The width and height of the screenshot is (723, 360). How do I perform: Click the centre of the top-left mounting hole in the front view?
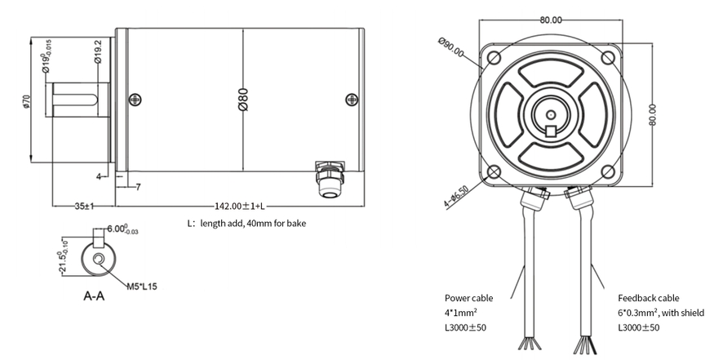pos(494,58)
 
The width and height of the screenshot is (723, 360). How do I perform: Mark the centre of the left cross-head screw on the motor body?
pos(135,100)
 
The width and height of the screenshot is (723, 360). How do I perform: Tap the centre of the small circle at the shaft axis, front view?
pos(551,114)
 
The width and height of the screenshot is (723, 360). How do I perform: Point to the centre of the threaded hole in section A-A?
pos(99,259)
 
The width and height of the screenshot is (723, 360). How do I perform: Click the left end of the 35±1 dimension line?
pos(52,206)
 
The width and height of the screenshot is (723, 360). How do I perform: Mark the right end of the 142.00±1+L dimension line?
pos(364,206)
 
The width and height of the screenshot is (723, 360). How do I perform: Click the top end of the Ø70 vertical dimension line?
pos(31,38)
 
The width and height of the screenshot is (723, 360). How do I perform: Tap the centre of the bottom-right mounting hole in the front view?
pos(608,172)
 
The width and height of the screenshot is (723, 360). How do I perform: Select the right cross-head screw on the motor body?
pos(352,100)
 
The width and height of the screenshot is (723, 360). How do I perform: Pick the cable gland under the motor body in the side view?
pos(330,179)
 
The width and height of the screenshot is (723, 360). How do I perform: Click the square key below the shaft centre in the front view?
pos(551,131)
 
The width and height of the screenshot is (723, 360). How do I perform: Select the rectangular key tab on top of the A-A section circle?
pos(99,238)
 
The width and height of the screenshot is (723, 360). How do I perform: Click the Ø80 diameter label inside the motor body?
pos(243,100)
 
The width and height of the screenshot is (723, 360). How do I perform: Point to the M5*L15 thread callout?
pos(142,287)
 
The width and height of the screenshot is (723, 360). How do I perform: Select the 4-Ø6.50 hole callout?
pos(456,197)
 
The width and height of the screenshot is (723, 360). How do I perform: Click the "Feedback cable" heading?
pos(648,298)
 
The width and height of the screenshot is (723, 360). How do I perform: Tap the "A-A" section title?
pos(94,296)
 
